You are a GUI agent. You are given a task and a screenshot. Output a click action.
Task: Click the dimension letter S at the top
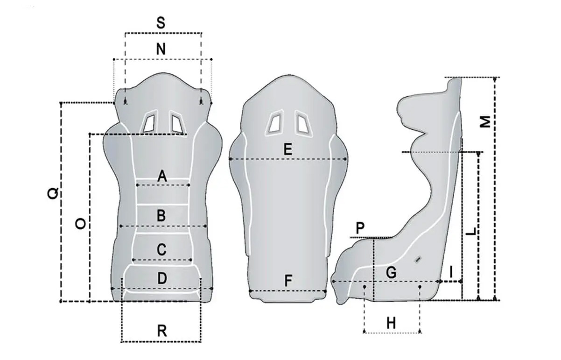[x=161, y=22]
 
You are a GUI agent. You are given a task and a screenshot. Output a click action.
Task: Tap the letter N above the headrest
[x=161, y=49]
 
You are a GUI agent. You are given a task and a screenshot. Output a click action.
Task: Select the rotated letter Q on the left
[x=53, y=194]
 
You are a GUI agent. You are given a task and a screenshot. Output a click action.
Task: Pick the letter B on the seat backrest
[x=161, y=216]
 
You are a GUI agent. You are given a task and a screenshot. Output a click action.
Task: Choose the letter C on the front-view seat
[x=161, y=250]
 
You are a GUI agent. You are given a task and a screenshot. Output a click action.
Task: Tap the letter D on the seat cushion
[x=162, y=278]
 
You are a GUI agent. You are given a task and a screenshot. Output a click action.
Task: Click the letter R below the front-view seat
[x=162, y=331]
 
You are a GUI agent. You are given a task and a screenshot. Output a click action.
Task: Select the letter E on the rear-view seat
[x=288, y=149]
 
